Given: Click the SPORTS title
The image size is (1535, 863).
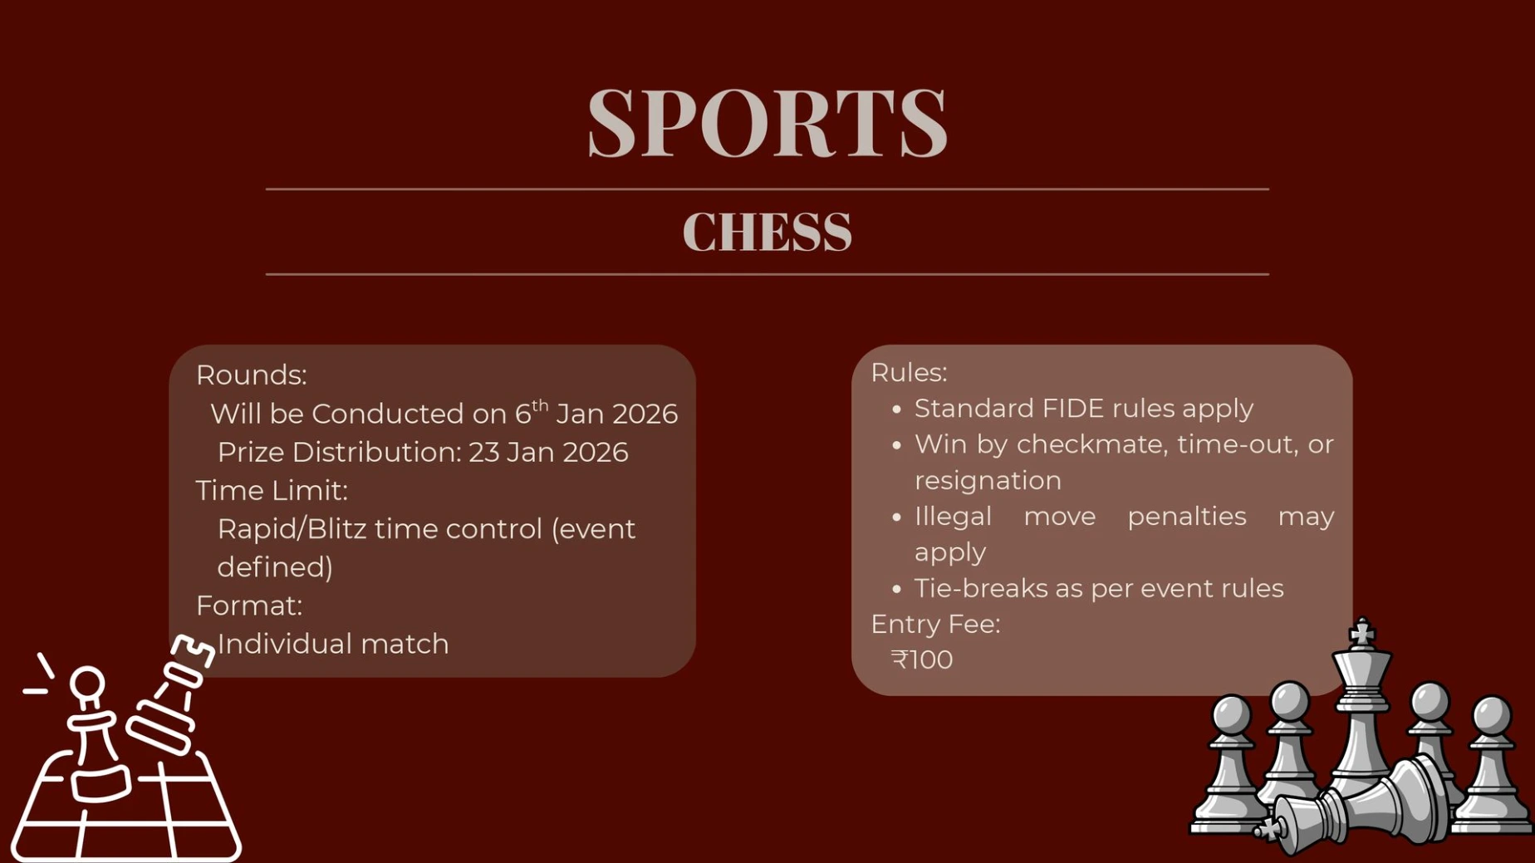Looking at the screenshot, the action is [767, 123].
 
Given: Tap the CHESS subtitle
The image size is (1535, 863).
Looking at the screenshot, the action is [767, 232].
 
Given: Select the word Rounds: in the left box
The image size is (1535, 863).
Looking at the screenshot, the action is [251, 375].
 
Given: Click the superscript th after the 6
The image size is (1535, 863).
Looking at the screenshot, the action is [540, 405].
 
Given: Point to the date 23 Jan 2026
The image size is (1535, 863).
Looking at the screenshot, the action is [548, 452].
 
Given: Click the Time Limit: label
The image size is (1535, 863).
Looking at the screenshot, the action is [272, 491].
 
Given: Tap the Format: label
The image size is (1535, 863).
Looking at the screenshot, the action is [249, 606].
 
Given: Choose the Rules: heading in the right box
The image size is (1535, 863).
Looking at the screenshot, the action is [909, 373].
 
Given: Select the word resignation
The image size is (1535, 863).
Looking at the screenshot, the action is [988, 481].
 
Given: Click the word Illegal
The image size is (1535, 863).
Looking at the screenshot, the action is [953, 517].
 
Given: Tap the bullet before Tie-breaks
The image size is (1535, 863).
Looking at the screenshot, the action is [896, 589].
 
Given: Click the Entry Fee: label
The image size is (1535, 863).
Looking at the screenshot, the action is [935, 624].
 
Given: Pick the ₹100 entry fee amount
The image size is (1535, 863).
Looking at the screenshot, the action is [922, 660].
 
